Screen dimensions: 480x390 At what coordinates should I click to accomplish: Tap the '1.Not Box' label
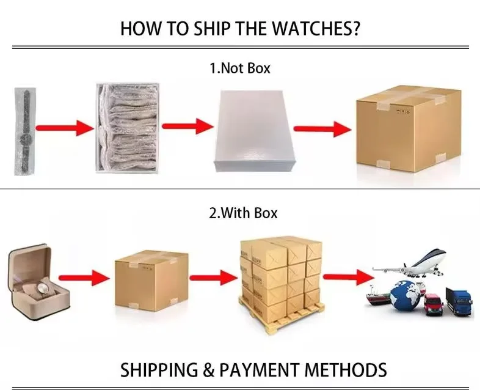[240, 68]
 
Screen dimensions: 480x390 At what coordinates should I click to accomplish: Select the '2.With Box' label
[244, 213]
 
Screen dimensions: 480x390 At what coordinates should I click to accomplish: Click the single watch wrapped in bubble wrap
[25, 131]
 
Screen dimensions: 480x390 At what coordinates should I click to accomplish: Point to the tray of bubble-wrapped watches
[128, 128]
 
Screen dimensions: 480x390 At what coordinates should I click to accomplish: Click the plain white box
[253, 131]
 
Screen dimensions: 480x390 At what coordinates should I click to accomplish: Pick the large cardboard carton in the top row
[409, 128]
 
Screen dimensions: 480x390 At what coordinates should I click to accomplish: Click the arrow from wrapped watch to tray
[65, 128]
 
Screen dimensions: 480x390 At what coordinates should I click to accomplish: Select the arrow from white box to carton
[322, 129]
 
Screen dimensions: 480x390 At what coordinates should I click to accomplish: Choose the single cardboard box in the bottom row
[151, 281]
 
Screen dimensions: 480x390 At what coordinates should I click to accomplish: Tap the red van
[434, 304]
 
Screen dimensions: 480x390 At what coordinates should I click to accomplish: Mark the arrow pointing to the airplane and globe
[349, 277]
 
